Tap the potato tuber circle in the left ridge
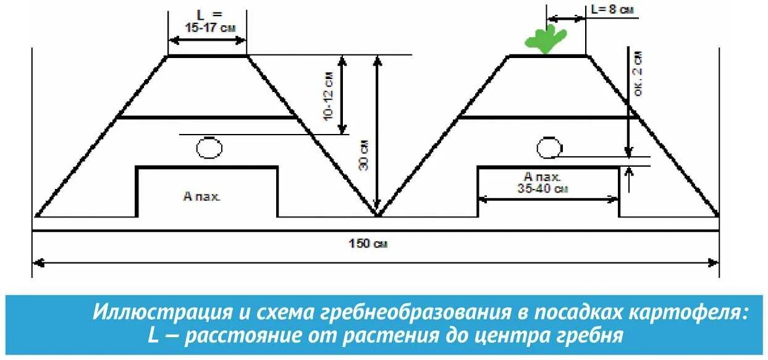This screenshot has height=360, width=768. tap(209, 148)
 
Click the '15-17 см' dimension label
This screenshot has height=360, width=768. tap(207, 27)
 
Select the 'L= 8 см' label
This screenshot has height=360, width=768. tap(612, 9)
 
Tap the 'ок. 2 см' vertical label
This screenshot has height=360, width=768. tap(638, 73)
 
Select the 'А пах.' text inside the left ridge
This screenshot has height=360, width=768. tap(202, 197)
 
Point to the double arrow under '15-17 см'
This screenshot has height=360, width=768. tap(207, 40)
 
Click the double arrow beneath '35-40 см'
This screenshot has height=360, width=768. tap(548, 199)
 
